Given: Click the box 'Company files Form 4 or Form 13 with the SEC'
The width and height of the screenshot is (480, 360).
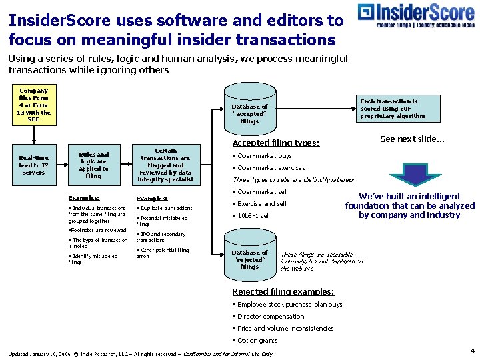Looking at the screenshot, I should coord(34,105).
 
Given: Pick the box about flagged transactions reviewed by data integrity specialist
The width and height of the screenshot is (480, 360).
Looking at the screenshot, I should coord(165,165).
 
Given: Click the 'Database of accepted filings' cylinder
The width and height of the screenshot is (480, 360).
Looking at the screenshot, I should coord(249,109).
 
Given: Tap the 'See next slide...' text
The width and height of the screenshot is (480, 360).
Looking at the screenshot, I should coord(412,139).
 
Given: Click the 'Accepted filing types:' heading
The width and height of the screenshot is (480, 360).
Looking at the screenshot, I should coord(275,143).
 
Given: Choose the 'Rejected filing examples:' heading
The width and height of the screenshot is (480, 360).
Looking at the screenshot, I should coord(283,291).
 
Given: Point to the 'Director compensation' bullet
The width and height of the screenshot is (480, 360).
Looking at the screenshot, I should coord(270,317).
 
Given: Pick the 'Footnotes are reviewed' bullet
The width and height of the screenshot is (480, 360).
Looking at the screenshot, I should coord(98,231).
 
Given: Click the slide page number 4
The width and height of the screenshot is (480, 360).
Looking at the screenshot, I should coord(472,351).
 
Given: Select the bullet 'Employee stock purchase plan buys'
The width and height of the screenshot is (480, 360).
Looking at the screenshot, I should coord(289,305).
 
